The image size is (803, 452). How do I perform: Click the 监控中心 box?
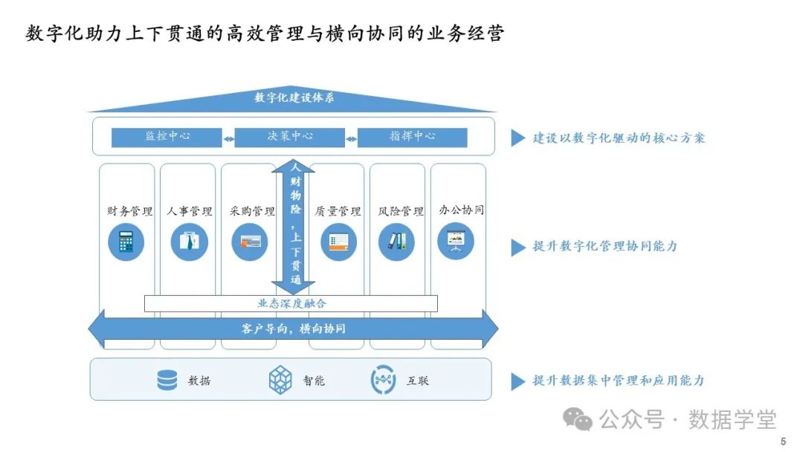pos(167,138)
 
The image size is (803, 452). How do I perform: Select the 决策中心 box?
pos(290,138)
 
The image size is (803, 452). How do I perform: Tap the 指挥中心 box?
pos(413,138)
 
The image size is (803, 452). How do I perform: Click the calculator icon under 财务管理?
pos(126,242)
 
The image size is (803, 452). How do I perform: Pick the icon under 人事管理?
pos(189,242)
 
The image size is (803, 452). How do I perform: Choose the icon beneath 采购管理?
pos(249,242)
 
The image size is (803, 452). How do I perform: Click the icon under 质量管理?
pos(338,242)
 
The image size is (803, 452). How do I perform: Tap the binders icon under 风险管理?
pos(396,242)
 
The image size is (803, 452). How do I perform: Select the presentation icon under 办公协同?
pos(455,242)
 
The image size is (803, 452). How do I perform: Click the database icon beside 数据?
pos(167,380)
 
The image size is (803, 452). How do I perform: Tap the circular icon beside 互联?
pos(383,380)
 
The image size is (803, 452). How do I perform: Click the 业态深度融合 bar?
pos(291,303)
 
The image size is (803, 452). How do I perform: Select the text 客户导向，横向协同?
pos(293,328)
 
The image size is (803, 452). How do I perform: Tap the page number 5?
pos(783,442)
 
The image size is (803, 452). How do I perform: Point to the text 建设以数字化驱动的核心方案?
pos(619,138)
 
